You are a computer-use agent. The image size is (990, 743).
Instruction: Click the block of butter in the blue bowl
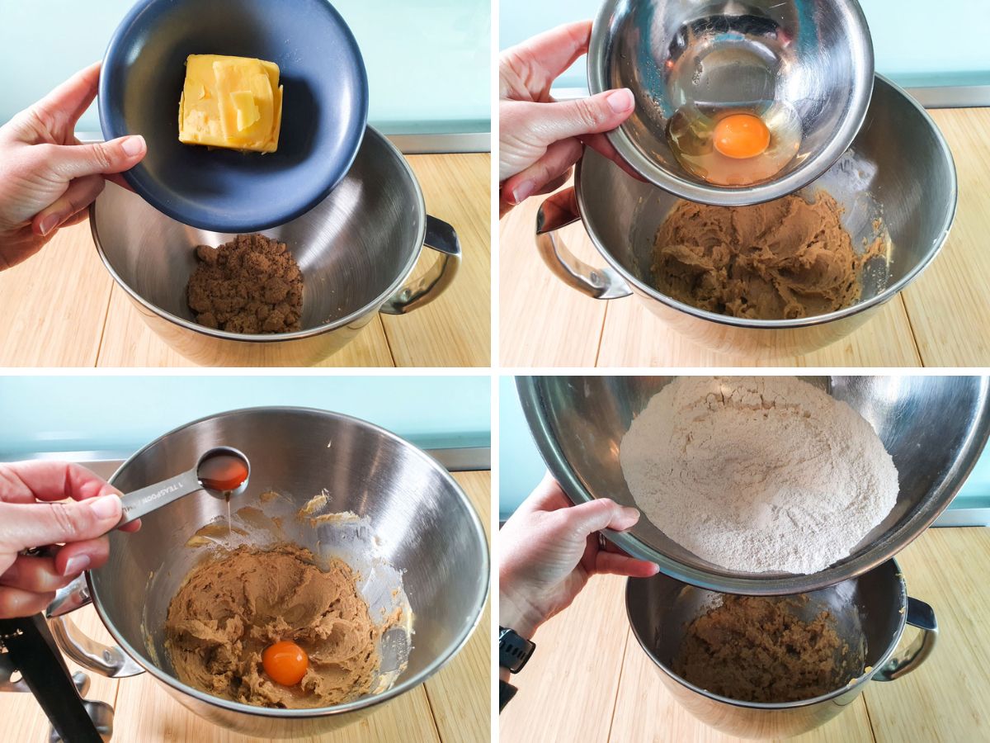tap(230, 104)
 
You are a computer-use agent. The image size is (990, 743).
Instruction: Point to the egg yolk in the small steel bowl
tap(741, 136)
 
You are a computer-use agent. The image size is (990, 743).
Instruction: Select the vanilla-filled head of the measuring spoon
tap(223, 471)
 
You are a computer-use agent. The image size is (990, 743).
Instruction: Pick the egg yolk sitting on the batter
tap(285, 663)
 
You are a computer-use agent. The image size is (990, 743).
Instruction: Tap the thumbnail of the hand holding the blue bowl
tap(131, 146)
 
